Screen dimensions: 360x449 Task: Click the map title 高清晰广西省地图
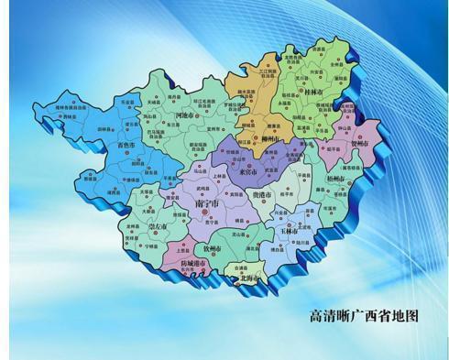tap(365, 314)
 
